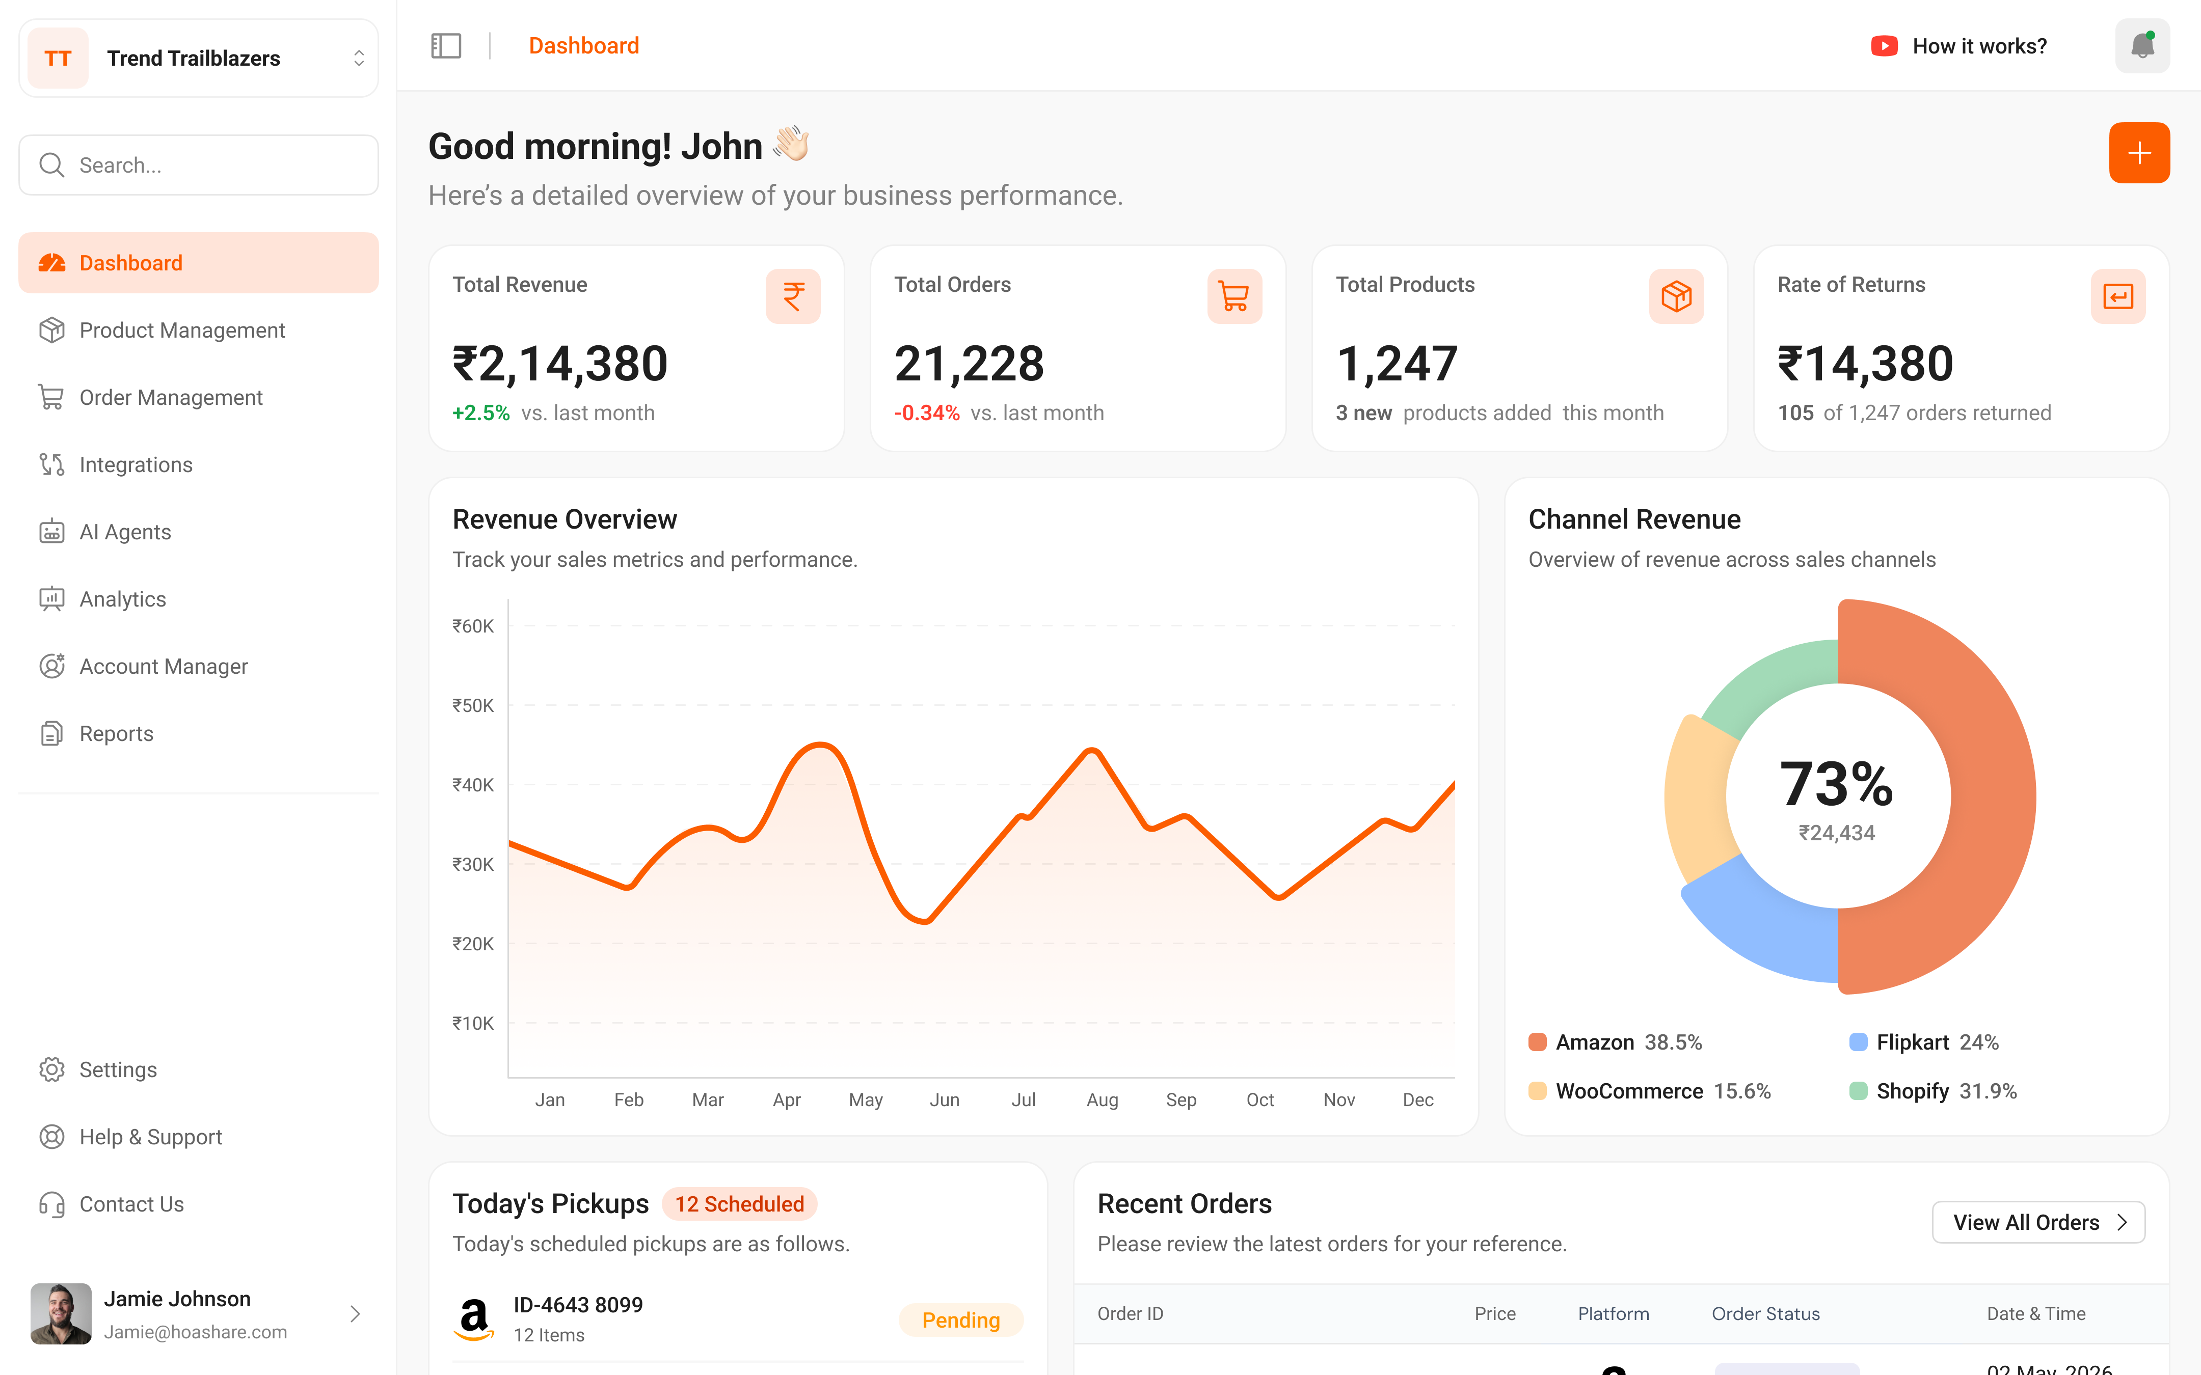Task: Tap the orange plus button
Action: pos(2139,153)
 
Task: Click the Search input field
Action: pos(198,164)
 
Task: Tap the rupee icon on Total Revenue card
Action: pos(793,296)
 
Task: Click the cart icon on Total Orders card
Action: pos(1234,296)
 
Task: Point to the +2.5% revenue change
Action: pos(481,413)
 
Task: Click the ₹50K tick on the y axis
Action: pos(473,706)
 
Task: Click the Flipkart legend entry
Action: pos(1924,1042)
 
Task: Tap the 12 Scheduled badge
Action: pos(739,1204)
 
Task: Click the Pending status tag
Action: pos(960,1321)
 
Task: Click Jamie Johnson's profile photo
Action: pos(61,1314)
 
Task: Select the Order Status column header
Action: pos(1765,1314)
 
